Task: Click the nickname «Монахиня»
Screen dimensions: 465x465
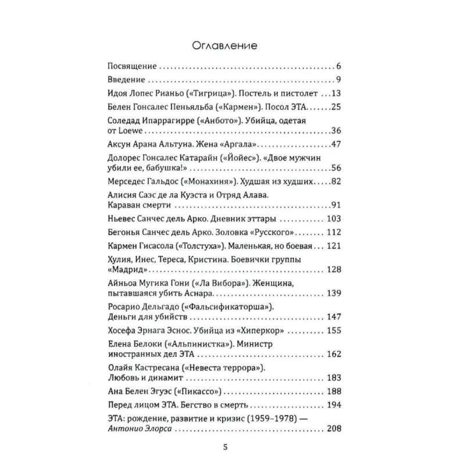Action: click(207, 183)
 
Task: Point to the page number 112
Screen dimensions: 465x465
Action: click(334, 234)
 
